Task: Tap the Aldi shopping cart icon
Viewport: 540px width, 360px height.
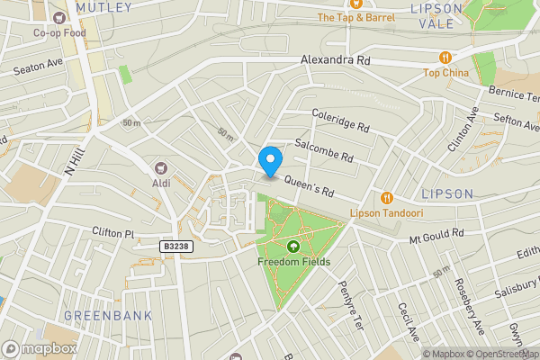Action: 162,167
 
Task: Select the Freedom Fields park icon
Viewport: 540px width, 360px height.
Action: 293,247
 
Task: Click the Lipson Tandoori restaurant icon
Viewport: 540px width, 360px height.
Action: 387,198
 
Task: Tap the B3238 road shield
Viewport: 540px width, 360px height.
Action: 177,245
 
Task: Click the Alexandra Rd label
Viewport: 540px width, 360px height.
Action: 335,60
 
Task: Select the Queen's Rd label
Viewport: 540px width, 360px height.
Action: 310,186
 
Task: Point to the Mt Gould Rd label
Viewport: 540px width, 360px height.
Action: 436,235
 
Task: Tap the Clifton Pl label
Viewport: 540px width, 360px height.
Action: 112,232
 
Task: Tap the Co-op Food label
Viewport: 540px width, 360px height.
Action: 58,33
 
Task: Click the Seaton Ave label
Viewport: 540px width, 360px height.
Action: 37,65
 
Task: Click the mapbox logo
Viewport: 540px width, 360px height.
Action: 40,347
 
